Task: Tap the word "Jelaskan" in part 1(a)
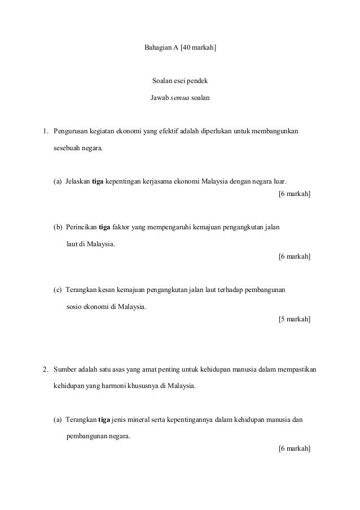[x=77, y=182]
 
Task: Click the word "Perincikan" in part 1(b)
[x=81, y=228]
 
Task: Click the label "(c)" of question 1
[x=58, y=290]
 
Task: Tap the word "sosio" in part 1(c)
[x=74, y=307]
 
